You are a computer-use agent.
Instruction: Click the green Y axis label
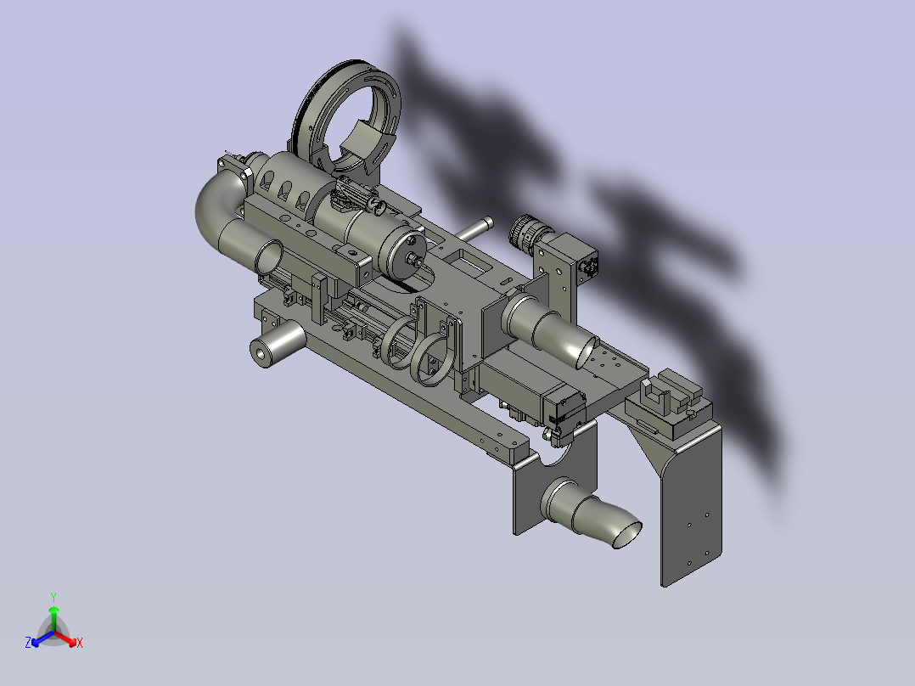pos(53,597)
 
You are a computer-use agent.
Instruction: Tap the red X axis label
pos(80,643)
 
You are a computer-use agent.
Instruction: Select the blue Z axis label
pos(28,643)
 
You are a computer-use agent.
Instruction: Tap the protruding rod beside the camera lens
pos(474,229)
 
